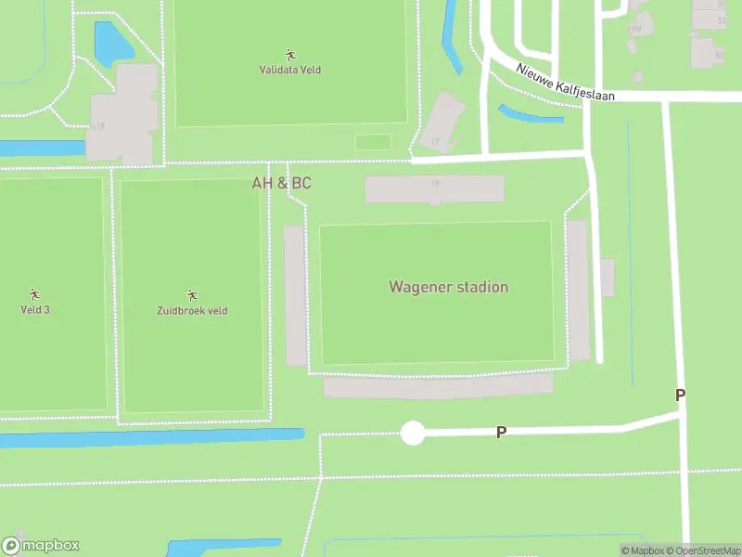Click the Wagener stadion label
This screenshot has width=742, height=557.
tap(448, 287)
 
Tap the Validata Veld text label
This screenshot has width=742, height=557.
tap(289, 70)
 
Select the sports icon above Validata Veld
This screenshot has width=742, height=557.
tap(289, 55)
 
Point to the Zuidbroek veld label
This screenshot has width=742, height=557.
tap(192, 311)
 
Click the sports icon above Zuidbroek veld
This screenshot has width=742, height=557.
tap(192, 295)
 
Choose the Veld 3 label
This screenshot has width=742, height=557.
tap(35, 309)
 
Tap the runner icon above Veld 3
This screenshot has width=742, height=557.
tap(35, 293)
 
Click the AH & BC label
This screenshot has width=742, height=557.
tap(282, 183)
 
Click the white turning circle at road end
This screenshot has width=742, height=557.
tap(412, 433)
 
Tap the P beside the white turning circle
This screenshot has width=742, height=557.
tap(501, 433)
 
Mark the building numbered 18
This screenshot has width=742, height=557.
tap(434, 188)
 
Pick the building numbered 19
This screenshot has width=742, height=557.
tap(121, 116)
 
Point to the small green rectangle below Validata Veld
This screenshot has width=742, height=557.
tap(373, 142)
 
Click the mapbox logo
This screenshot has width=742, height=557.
tap(41, 546)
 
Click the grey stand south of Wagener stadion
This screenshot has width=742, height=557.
tap(438, 386)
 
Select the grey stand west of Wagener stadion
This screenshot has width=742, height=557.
tap(295, 295)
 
